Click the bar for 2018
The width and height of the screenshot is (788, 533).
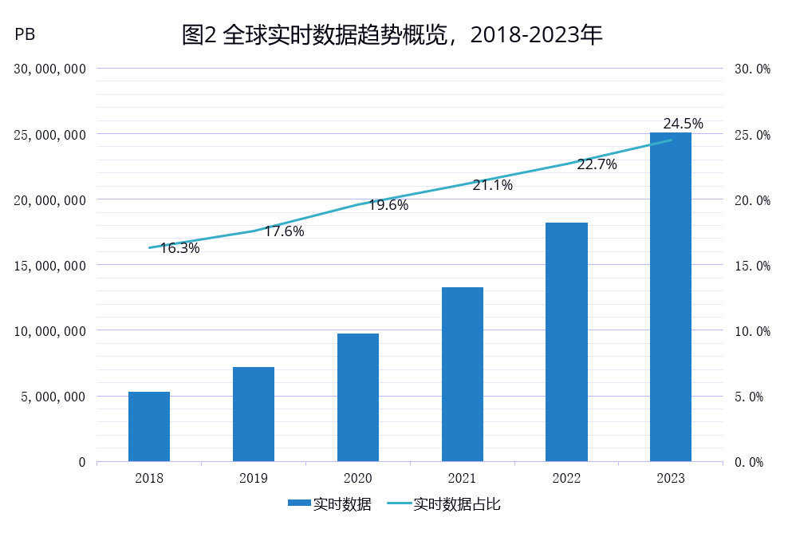click(x=149, y=426)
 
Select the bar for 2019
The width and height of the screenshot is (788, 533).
click(x=254, y=414)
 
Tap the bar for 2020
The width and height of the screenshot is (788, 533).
click(x=358, y=397)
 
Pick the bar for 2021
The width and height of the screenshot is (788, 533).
click(x=463, y=374)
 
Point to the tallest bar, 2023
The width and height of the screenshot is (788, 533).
click(x=671, y=297)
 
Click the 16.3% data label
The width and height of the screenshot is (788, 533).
click(x=179, y=248)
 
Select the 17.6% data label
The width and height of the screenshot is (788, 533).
click(x=284, y=231)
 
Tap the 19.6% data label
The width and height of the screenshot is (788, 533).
click(x=388, y=205)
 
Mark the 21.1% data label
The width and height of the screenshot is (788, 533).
click(x=493, y=185)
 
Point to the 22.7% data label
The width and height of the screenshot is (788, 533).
click(x=597, y=164)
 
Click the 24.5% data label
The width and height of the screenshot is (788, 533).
click(x=683, y=124)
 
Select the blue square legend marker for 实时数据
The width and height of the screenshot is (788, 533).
click(x=298, y=504)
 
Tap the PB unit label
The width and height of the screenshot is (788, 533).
click(x=25, y=35)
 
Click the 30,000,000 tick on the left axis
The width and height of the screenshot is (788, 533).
click(x=50, y=69)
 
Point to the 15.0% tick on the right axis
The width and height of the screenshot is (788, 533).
click(x=751, y=266)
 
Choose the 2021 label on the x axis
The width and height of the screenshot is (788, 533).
click(x=463, y=478)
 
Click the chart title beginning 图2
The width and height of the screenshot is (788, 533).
click(x=392, y=35)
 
